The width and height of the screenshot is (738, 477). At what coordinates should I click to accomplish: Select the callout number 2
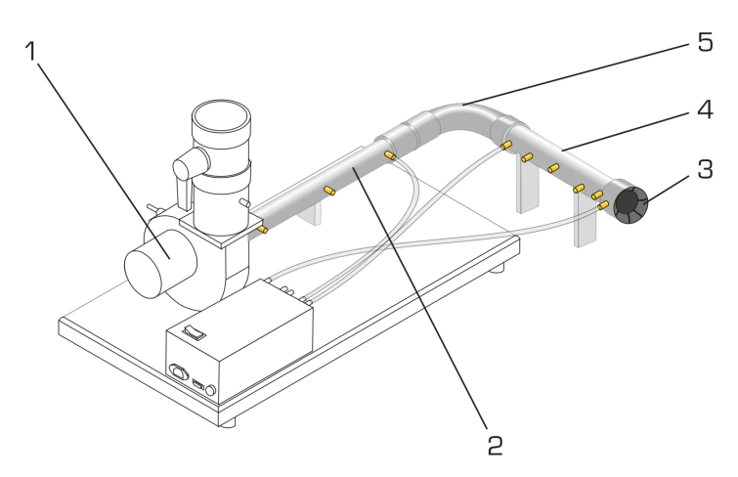tap(497, 446)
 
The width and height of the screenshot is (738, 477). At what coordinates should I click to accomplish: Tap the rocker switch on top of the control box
tap(196, 331)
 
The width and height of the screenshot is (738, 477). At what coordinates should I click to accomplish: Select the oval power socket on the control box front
tap(178, 370)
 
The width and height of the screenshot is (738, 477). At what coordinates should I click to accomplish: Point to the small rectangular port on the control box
tap(195, 382)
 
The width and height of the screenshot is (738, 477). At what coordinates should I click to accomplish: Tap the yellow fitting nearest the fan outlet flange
tap(263, 230)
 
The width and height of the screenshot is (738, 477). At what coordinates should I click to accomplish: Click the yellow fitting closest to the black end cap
tap(603, 204)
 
